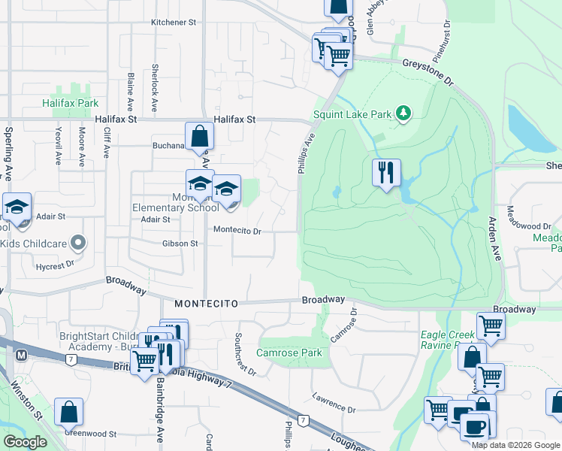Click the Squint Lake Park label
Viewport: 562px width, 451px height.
point(352,114)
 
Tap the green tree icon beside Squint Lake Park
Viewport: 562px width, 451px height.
point(404,114)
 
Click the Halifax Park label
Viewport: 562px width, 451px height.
point(70,103)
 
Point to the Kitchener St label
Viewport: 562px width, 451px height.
point(174,23)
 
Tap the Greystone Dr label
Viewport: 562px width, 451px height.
point(428,68)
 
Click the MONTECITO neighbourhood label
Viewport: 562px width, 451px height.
point(207,303)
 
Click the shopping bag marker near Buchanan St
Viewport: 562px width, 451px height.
point(199,136)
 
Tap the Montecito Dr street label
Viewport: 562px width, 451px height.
point(237,231)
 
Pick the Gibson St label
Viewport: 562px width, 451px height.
point(180,244)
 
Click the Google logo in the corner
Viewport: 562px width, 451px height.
point(25,442)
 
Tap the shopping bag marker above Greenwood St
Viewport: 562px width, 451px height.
point(68,412)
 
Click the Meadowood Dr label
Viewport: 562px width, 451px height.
point(529,226)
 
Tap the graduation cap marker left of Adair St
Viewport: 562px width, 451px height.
point(17,207)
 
